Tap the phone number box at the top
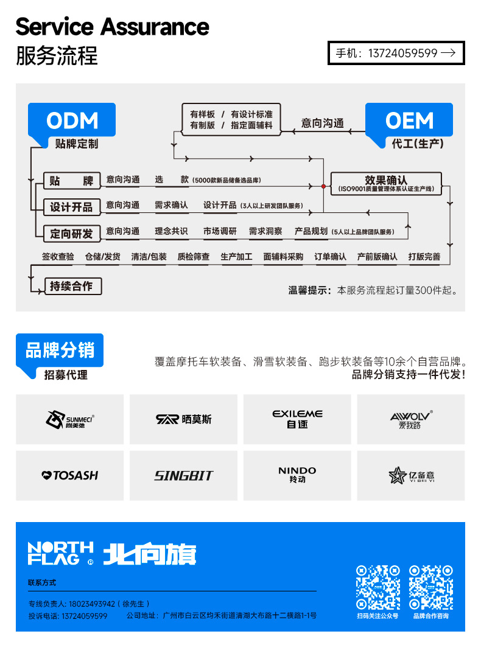(396, 53)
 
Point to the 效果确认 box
(385, 183)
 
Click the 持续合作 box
(72, 285)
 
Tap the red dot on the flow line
(323, 186)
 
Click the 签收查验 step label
(58, 257)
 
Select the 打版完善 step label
(424, 257)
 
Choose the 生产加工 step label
(236, 257)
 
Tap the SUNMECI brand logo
(69, 419)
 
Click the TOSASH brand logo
(69, 475)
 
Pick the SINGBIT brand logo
(183, 475)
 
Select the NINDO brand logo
(297, 475)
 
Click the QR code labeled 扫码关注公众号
(377, 587)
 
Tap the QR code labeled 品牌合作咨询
(430, 587)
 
